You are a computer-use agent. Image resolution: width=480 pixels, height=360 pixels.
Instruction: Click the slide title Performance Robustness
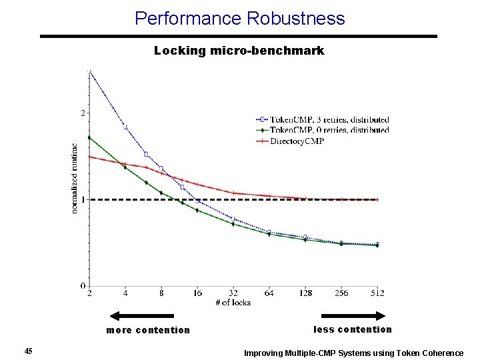pos(239,18)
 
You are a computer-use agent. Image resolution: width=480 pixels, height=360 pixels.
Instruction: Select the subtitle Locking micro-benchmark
pos(239,51)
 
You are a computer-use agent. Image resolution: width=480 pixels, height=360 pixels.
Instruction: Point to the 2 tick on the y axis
pos(83,113)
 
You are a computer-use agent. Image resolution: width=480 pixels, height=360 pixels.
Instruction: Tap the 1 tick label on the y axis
pos(83,199)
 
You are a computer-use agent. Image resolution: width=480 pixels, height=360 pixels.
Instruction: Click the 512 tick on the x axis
pos(377,293)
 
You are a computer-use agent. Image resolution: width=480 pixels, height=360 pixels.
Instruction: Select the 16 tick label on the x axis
pos(198,293)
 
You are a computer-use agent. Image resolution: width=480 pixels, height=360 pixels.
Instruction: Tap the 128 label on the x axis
pos(305,293)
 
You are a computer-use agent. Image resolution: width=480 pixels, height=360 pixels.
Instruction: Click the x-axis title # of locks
pos(233,302)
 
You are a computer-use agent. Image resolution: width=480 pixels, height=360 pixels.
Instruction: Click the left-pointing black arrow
pos(141,316)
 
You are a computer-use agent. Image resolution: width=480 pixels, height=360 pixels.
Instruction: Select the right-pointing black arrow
pos(353,316)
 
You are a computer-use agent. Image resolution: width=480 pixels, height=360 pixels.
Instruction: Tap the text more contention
pos(148,330)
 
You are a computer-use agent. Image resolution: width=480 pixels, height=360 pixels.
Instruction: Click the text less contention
pos(353,329)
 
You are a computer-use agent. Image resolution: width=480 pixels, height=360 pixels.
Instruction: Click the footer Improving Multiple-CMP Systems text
pos(353,353)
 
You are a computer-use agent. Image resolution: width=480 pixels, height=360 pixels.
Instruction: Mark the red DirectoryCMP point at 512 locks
pos(377,199)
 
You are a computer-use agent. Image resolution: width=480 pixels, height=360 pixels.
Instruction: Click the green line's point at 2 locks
pos(89,137)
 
